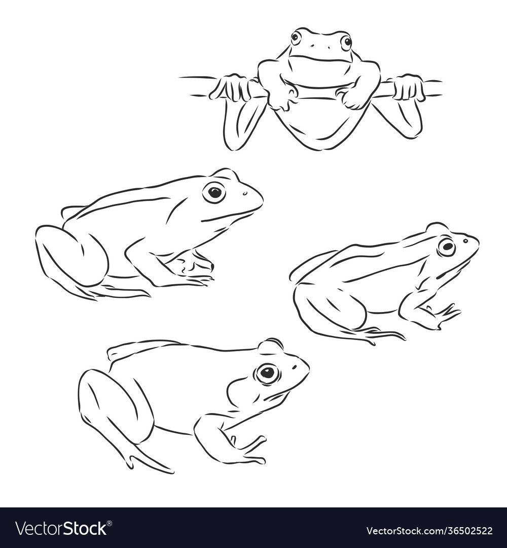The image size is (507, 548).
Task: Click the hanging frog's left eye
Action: (296, 37)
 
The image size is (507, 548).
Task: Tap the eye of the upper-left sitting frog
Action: (214, 192)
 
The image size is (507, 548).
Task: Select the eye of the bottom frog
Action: (267, 373)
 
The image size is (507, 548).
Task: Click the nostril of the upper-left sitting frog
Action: (245, 193)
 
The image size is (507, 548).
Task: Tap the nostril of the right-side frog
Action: (465, 241)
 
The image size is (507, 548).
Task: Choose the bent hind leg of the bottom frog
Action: (115, 402)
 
